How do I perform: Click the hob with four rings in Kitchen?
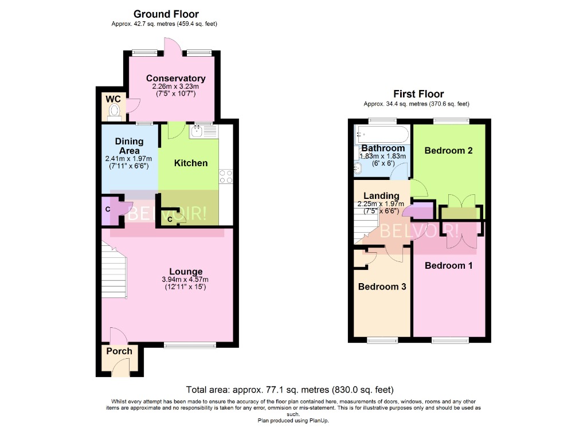coord(225,177)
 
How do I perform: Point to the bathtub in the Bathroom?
coord(381,135)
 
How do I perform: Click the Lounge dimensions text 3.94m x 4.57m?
coord(185,280)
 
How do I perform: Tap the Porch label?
coord(119,351)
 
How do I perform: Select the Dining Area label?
coord(129,146)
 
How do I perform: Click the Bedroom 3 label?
coord(382,287)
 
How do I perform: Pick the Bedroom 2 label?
coord(448,151)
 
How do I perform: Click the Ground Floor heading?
coord(166,14)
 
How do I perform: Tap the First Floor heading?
coord(418,94)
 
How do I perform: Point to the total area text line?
coord(290,389)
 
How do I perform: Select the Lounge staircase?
coord(114,269)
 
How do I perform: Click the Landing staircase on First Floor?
coord(362,226)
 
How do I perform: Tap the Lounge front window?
coord(190,344)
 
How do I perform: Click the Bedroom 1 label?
coord(448,266)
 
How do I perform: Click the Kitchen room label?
coord(191,163)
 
